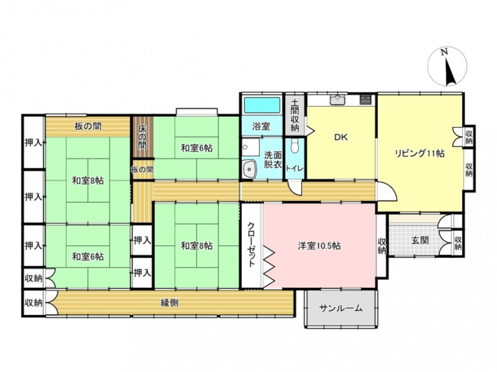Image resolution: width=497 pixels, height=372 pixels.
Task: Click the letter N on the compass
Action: [445, 52]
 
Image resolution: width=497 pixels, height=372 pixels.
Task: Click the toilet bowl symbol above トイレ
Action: [295, 146]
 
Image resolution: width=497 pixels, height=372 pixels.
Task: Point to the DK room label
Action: [341, 137]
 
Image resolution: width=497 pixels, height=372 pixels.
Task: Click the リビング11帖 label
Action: [419, 153]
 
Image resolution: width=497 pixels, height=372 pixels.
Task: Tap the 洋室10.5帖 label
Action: [319, 246]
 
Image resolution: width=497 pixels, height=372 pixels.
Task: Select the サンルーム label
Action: [341, 308]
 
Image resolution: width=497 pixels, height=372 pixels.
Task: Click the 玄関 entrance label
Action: [420, 241]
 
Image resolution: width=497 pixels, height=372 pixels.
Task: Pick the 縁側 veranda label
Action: [169, 303]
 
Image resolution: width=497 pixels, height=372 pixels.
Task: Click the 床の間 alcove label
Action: [142, 137]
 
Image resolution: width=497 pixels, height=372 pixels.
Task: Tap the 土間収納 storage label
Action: [295, 116]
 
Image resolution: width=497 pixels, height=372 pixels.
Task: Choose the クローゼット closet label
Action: [251, 244]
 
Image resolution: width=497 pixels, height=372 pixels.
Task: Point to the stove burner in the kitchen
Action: [365, 100]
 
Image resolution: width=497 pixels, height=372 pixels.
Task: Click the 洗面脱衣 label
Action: [273, 160]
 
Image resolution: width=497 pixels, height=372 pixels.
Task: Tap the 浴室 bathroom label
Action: [261, 126]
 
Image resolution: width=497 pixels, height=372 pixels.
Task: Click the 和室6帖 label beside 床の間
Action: [196, 148]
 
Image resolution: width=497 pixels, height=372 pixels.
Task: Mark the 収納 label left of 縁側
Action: [34, 303]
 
